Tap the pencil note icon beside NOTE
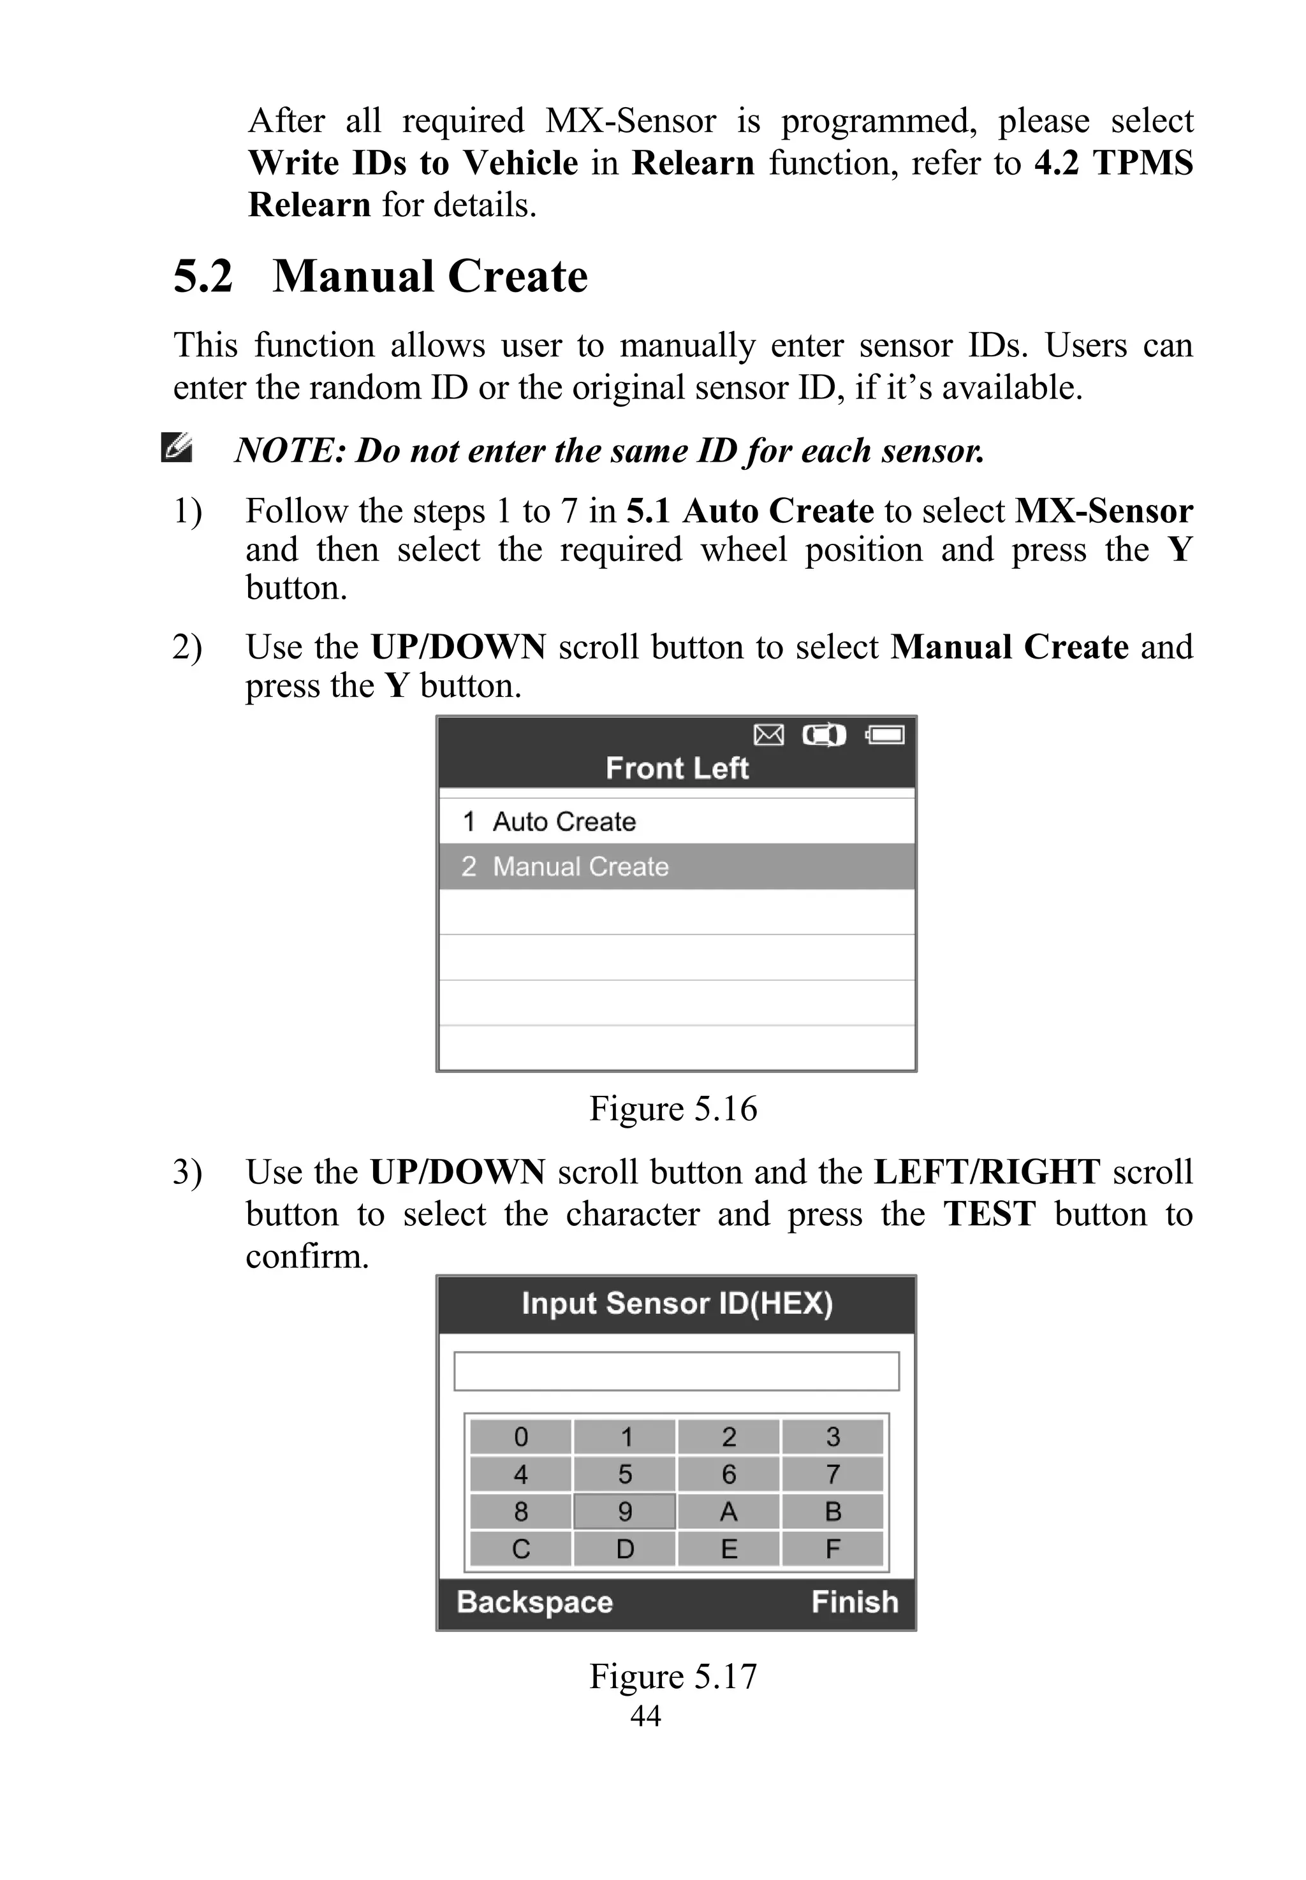click(177, 448)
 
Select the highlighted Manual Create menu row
click(676, 866)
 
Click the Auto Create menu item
click(563, 821)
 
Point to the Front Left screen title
click(677, 768)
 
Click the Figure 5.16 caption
click(673, 1109)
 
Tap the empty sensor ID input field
click(676, 1371)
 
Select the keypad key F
click(832, 1548)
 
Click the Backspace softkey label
click(534, 1602)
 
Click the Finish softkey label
click(855, 1602)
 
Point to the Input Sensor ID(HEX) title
click(677, 1303)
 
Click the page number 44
click(645, 1716)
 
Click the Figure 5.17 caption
click(673, 1675)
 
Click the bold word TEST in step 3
click(989, 1213)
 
